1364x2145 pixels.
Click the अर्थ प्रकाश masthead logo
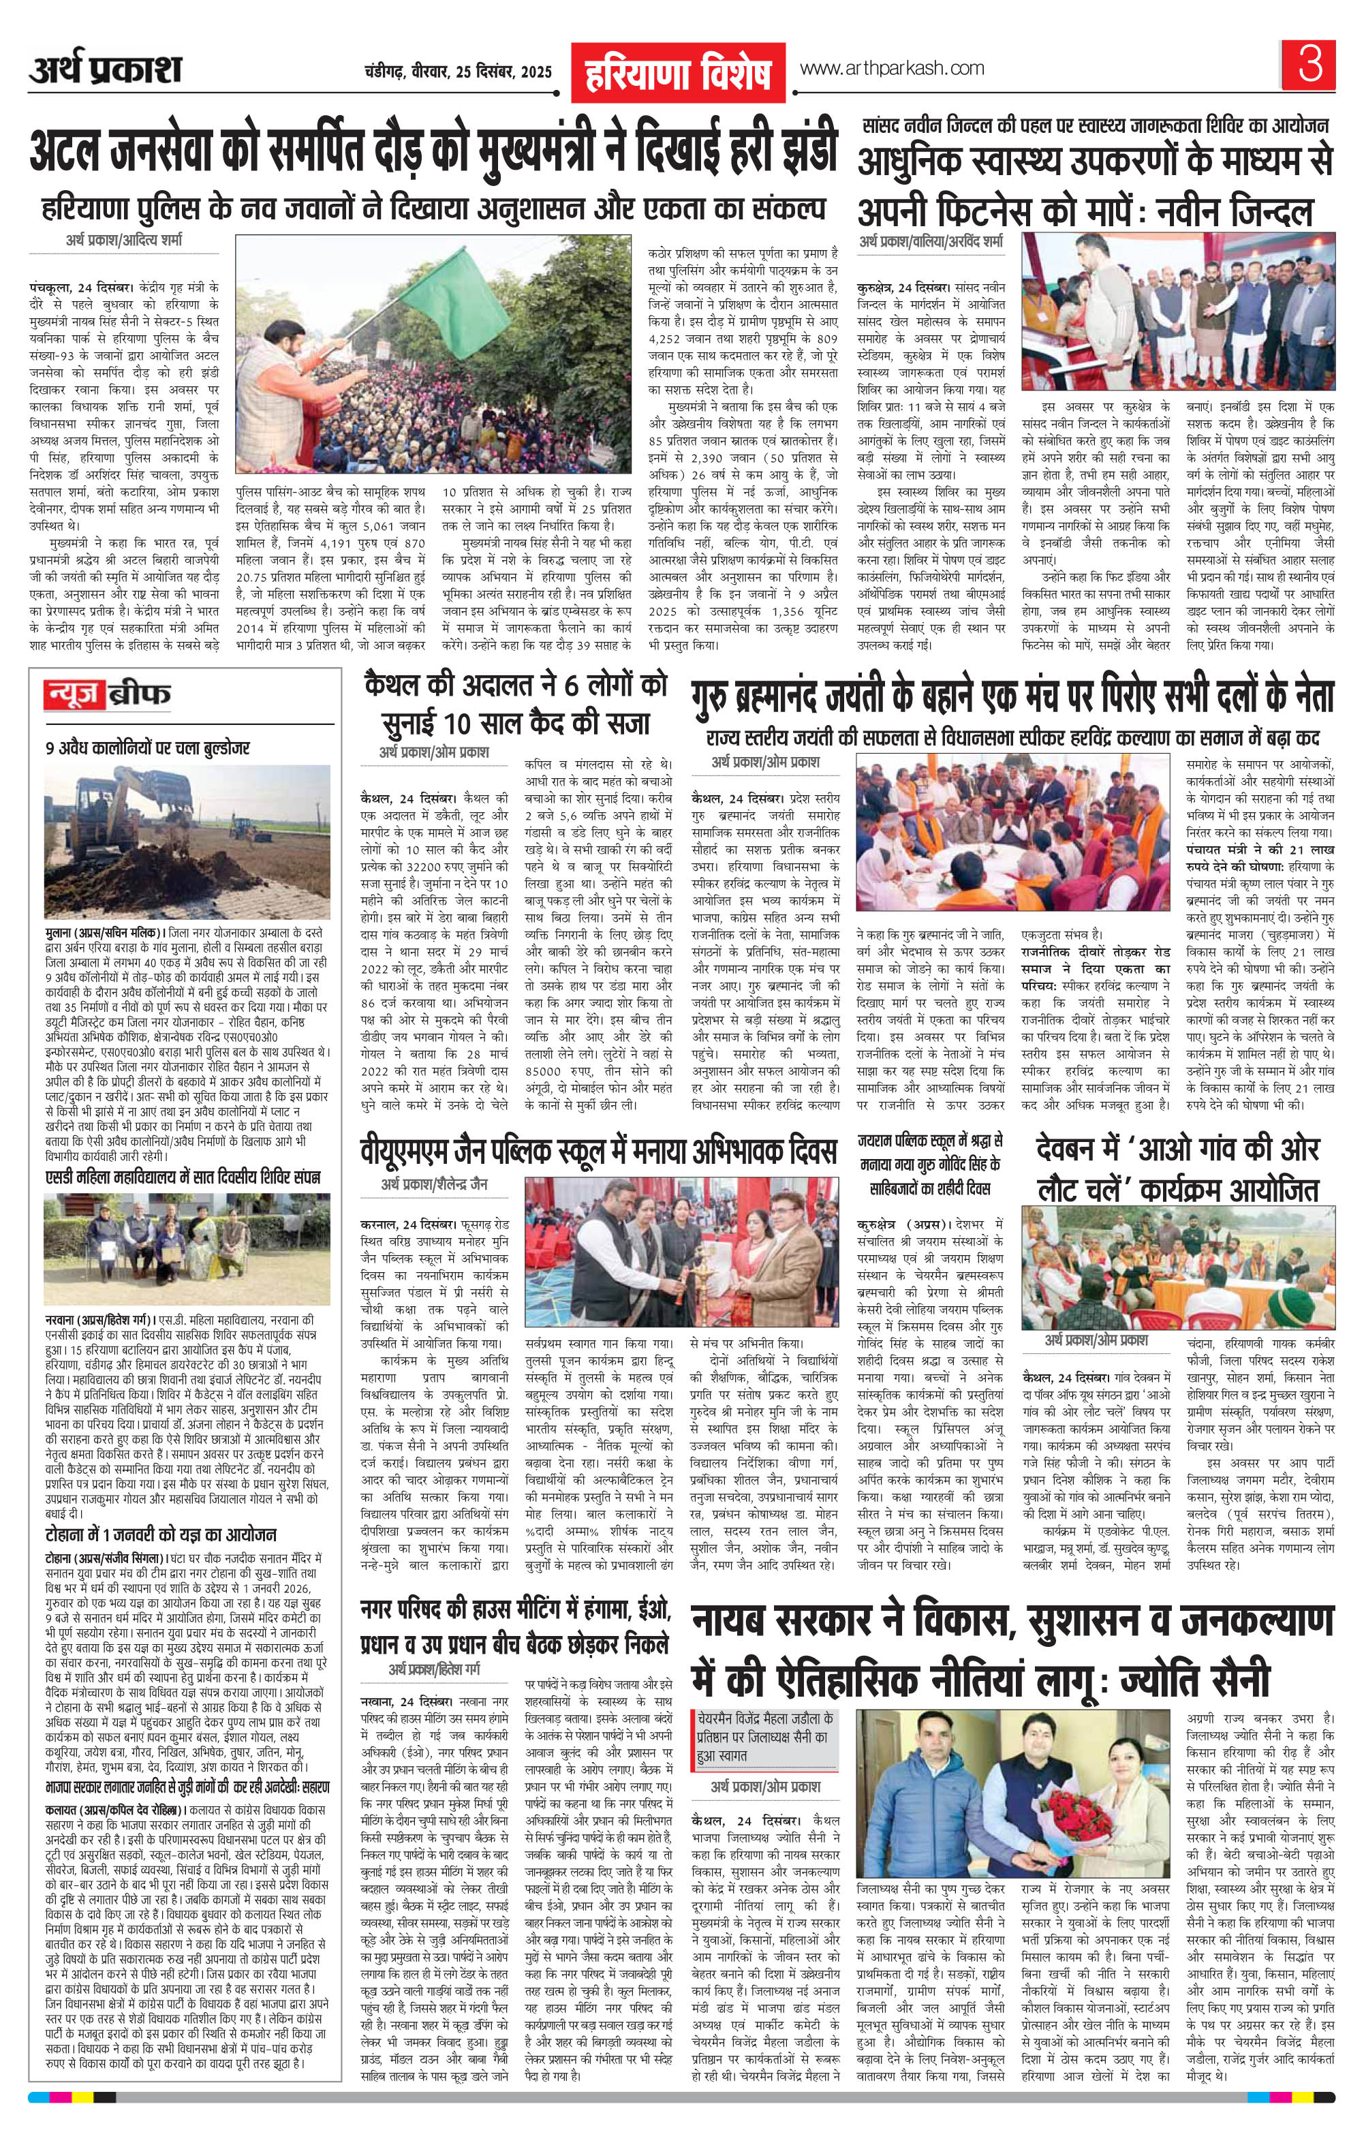pos(105,70)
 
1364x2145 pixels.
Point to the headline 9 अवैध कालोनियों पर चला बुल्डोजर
pos(148,747)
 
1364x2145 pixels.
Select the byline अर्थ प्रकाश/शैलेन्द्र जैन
pos(434,1184)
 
